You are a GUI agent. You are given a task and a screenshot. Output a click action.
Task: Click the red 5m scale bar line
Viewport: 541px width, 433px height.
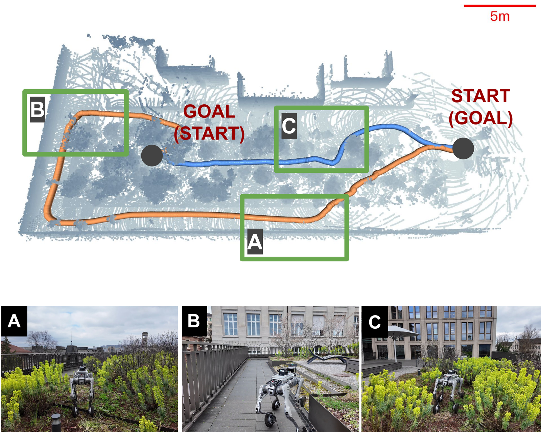tap(500, 6)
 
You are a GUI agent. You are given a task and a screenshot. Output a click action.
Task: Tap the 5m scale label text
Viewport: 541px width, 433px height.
tap(500, 16)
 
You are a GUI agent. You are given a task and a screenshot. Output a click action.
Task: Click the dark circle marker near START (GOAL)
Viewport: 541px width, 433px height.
tap(463, 148)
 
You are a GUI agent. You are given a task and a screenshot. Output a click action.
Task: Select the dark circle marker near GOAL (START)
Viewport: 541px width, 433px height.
tap(152, 155)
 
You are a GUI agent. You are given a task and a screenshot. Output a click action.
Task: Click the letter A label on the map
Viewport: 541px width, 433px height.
tap(255, 242)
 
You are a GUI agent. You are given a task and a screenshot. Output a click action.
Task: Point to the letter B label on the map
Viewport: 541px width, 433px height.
tap(38, 109)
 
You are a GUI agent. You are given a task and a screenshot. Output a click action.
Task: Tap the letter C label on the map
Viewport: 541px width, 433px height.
tap(289, 126)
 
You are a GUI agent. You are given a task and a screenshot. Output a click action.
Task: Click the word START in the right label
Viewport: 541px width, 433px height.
tap(480, 96)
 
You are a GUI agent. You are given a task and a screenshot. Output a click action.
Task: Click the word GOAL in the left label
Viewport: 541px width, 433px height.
tap(209, 112)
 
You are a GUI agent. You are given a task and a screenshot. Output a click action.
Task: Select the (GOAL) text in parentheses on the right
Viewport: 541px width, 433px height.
tap(480, 118)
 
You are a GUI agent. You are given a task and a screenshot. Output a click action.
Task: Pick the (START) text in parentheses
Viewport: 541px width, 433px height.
tap(209, 133)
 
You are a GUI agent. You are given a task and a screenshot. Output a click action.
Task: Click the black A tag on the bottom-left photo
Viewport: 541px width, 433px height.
tap(14, 321)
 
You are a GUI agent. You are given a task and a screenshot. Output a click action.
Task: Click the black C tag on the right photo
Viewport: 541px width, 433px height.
tap(374, 322)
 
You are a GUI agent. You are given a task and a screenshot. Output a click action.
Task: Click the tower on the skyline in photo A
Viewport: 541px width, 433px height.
tap(145, 339)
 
